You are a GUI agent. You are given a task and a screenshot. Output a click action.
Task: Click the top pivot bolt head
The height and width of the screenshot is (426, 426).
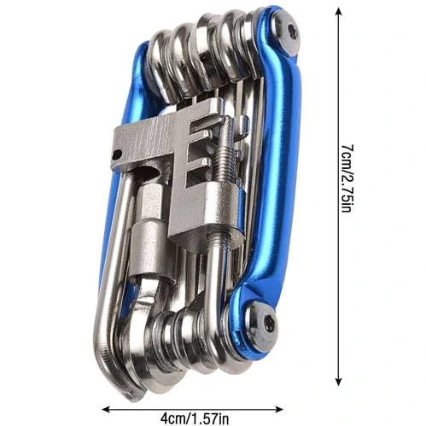[287, 34]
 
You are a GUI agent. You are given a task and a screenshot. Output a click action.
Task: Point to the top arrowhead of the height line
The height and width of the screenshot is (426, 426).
[338, 11]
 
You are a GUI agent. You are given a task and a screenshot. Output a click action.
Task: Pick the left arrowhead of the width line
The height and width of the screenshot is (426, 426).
[107, 410]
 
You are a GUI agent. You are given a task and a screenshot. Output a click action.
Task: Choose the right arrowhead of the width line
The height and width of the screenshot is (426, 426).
[278, 410]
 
